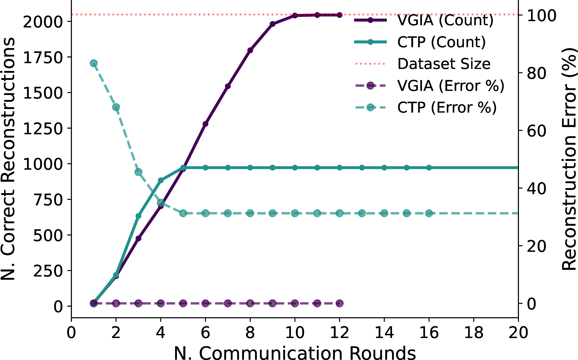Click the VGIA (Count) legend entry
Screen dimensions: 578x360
pyautogui.click(x=424, y=20)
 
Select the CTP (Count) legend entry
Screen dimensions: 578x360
pyautogui.click(x=420, y=42)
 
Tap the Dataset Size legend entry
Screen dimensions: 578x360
pyautogui.click(x=423, y=64)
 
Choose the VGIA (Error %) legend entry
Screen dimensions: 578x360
pyautogui.click(x=429, y=86)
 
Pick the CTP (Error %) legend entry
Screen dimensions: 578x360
pyautogui.click(x=426, y=107)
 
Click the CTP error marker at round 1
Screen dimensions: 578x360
pyautogui.click(x=94, y=63)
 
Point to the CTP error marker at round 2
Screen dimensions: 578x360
pyautogui.click(x=116, y=107)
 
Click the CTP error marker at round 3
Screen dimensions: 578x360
pyautogui.click(x=138, y=172)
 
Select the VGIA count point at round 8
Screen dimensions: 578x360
pyautogui.click(x=250, y=50)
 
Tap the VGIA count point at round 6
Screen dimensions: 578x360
pyautogui.click(x=205, y=124)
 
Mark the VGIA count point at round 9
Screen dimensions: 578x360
pyautogui.click(x=273, y=24)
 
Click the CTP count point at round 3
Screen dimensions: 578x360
pyautogui.click(x=138, y=216)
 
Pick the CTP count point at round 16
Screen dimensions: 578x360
pyautogui.click(x=429, y=168)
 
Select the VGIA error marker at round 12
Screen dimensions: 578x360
pyautogui.click(x=340, y=303)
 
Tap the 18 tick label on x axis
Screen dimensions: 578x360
pyautogui.click(x=474, y=333)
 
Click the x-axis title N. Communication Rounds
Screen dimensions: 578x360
pyautogui.click(x=295, y=353)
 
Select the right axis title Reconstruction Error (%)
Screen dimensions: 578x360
pyautogui.click(x=569, y=159)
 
